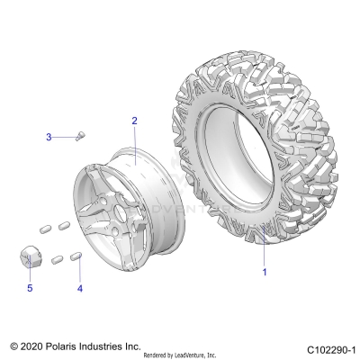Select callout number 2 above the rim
tap(134, 121)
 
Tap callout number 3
tap(49, 137)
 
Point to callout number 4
tap(79, 289)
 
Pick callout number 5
tap(29, 289)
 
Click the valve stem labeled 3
tap(80, 135)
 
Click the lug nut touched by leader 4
tap(77, 258)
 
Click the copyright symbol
tap(13, 346)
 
